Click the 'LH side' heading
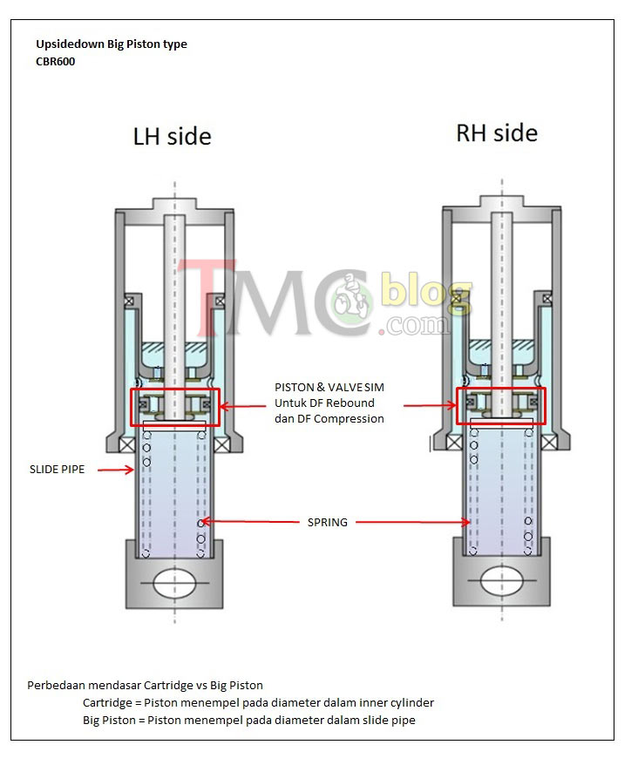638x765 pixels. pyautogui.click(x=173, y=136)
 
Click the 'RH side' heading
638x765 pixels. pyautogui.click(x=497, y=133)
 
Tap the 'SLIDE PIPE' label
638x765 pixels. pyautogui.click(x=58, y=470)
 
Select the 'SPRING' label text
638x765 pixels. pyautogui.click(x=328, y=523)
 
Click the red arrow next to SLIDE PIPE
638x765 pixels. pyautogui.click(x=116, y=470)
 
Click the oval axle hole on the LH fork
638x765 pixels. pyautogui.click(x=175, y=583)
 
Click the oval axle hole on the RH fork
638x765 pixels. pyautogui.click(x=502, y=580)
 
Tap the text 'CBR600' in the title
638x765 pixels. pyautogui.click(x=56, y=62)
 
